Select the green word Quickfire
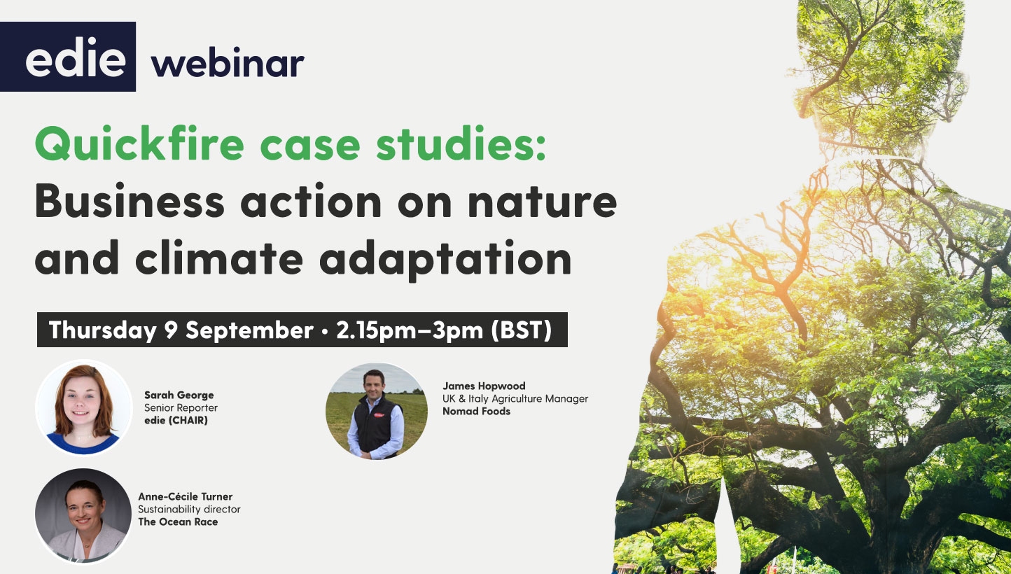[139, 143]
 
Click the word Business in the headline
[130, 201]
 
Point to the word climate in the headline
[219, 257]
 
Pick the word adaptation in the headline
[445, 260]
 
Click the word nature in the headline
[542, 203]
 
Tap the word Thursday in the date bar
[102, 330]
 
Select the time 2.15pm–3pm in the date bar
[410, 330]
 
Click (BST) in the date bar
[522, 330]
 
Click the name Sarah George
[179, 395]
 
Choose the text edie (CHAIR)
[176, 421]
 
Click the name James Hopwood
[484, 386]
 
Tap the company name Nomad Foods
[476, 412]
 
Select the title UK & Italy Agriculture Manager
[515, 399]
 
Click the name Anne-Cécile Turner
[185, 496]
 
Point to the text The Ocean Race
[178, 521]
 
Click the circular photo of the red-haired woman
[84, 407]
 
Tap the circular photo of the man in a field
[377, 411]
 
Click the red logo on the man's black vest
[379, 415]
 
